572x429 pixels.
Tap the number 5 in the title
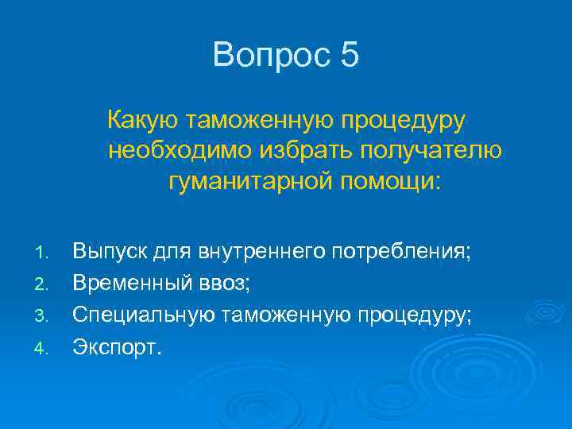point(350,56)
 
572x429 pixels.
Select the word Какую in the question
point(141,121)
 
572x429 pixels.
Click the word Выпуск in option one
point(108,253)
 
